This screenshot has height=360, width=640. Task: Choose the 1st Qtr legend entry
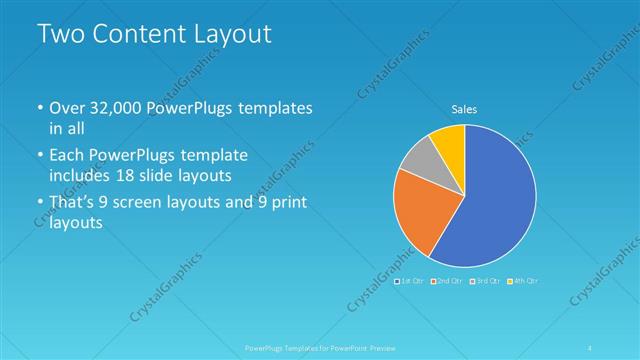[412, 280]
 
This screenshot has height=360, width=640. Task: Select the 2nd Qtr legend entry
[448, 280]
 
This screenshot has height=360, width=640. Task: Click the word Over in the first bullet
[68, 107]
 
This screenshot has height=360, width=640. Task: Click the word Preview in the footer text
[373, 346]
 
